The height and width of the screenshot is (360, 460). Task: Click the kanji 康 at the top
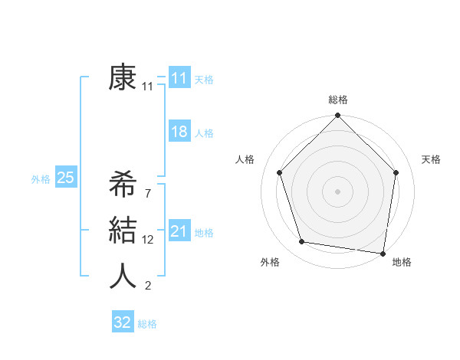123,78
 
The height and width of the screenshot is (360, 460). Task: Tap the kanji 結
123,231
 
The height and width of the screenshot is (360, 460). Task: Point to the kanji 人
123,277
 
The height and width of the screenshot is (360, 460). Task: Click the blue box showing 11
179,78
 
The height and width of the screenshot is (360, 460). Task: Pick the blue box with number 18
179,132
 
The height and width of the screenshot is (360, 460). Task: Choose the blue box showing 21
179,231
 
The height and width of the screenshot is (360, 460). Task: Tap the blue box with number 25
65,178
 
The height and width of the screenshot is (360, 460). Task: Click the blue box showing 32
123,322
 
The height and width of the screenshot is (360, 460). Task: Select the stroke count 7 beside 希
147,193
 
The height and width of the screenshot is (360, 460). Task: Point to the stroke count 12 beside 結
148,240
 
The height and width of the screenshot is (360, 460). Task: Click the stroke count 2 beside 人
147,286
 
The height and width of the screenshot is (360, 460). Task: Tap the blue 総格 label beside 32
148,324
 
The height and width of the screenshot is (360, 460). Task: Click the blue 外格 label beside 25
41,179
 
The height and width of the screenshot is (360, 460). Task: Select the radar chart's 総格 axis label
337,100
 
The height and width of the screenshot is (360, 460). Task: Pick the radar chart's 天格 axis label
432,159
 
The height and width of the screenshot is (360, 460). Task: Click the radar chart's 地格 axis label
402,262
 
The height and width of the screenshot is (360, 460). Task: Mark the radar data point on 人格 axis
279,172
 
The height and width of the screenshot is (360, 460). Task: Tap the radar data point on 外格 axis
302,242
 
